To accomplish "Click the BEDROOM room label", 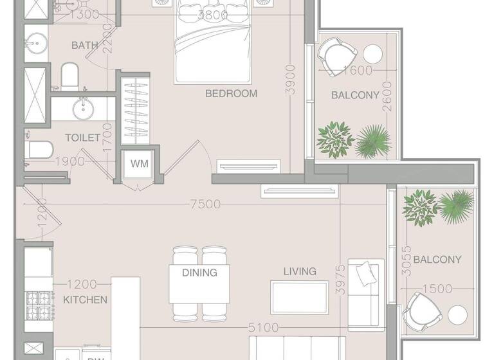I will coord(231,93).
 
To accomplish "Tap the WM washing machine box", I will coord(139,163).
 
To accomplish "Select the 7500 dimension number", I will coord(205,204).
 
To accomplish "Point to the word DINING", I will coord(199,273).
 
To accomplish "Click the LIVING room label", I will coord(300,271).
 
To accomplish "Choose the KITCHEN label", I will coord(85,300).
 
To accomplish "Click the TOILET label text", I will coord(82,138).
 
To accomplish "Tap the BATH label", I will coord(85,45).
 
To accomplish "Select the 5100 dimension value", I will coord(263,328).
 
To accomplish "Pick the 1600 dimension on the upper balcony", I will coord(358,71).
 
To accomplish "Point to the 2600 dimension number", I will coord(387,96).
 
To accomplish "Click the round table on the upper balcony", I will coord(373,53).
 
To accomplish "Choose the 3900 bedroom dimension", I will coord(291,80).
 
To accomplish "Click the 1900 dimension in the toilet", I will coord(69,161).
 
